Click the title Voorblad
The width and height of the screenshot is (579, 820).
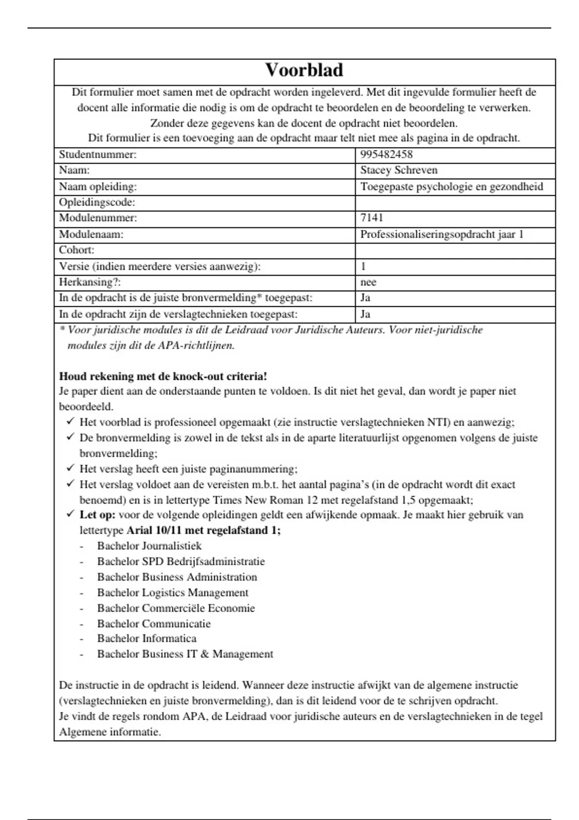point(304,70)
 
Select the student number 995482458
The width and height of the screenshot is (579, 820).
point(386,155)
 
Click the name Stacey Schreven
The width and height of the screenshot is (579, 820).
point(399,170)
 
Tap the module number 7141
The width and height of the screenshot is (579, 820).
point(372,218)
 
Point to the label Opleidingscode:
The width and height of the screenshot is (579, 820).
point(97,203)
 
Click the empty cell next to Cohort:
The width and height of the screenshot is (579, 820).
point(455,250)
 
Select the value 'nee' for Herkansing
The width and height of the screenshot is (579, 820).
point(368,282)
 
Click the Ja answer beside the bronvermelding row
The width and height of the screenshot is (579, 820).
point(365,298)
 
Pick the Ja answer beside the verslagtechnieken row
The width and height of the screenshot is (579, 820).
point(365,314)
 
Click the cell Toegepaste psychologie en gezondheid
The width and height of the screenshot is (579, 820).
point(451,187)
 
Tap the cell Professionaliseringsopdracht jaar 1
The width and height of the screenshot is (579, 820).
point(441,234)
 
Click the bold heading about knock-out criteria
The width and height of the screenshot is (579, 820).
point(163,377)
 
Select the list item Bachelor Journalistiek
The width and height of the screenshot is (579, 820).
point(149,546)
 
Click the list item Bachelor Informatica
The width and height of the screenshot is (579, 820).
point(147,639)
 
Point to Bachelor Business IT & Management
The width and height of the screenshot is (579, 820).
point(185,654)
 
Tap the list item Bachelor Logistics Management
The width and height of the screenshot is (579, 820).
point(172,592)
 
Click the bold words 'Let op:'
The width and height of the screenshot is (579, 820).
point(97,515)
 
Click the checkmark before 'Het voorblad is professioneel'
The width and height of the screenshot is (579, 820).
point(70,422)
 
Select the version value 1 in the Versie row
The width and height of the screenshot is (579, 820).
point(363,266)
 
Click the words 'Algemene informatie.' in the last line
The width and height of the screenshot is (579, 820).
point(110,732)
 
